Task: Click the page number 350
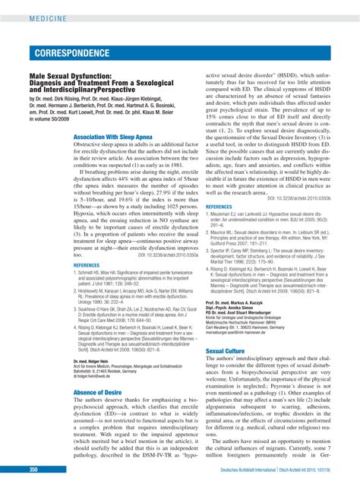(x=34, y=470)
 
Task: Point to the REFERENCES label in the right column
(x=219, y=206)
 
